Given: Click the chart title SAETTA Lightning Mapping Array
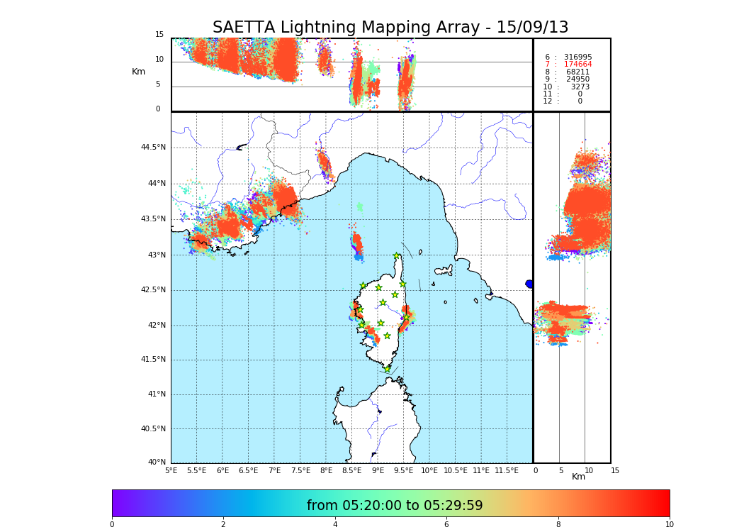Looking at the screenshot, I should pyautogui.click(x=390, y=28).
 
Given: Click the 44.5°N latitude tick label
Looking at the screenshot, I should pyautogui.click(x=153, y=148).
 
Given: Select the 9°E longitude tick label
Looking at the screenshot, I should pyautogui.click(x=378, y=471).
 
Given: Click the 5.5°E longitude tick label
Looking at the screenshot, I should pyautogui.click(x=196, y=471).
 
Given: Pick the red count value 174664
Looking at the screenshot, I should pyautogui.click(x=577, y=65).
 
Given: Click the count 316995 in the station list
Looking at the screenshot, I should pyautogui.click(x=577, y=57).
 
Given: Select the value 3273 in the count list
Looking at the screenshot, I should pyautogui.click(x=580, y=87).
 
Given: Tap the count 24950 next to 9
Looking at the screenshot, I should pyautogui.click(x=577, y=79).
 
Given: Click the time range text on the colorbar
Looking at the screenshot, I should pyautogui.click(x=395, y=506).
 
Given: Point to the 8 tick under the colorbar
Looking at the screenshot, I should pyautogui.click(x=558, y=525).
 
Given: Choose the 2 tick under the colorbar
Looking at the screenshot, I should pyautogui.click(x=223, y=525).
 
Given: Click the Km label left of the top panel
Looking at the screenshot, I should pyautogui.click(x=138, y=72).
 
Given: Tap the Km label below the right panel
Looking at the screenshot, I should pyautogui.click(x=579, y=477).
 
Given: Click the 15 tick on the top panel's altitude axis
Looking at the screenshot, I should pyautogui.click(x=159, y=35).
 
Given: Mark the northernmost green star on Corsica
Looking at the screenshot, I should pyautogui.click(x=397, y=256).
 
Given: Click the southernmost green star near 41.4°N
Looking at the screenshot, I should pyautogui.click(x=388, y=369).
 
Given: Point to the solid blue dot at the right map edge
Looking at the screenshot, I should pyautogui.click(x=529, y=284).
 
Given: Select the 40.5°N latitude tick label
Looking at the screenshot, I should pyautogui.click(x=153, y=429).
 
